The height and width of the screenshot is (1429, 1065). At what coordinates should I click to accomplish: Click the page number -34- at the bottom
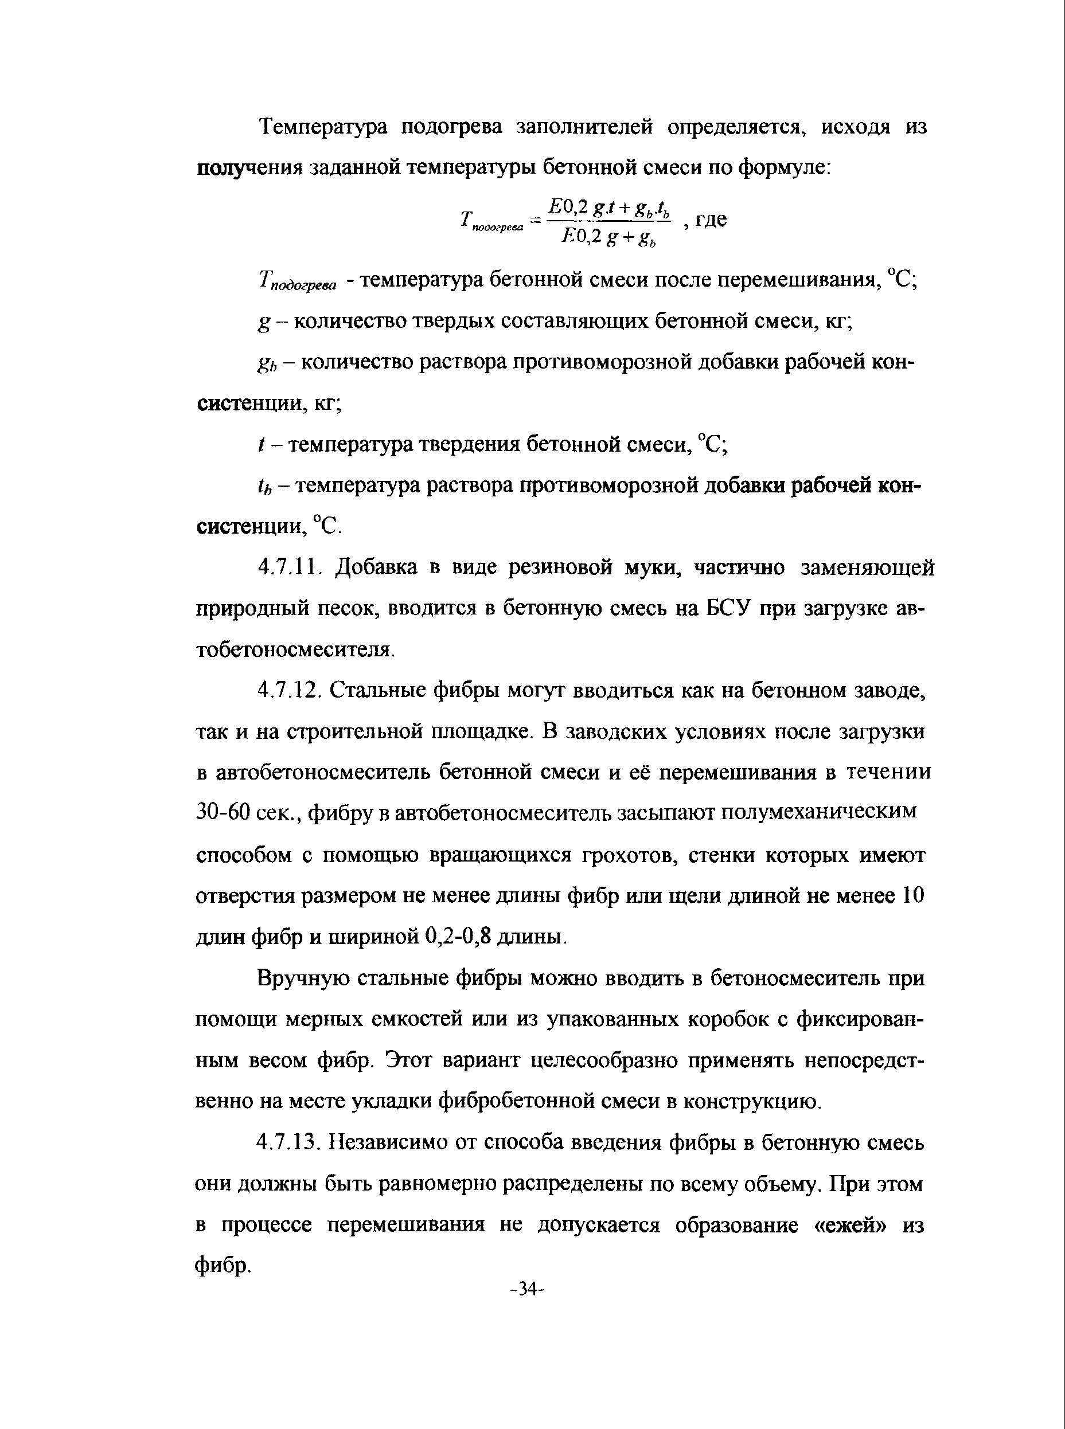pyautogui.click(x=528, y=1289)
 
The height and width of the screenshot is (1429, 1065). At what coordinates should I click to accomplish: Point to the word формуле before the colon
pyautogui.click(x=783, y=167)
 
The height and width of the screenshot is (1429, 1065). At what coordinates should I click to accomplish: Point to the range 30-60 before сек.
pyautogui.click(x=223, y=812)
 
